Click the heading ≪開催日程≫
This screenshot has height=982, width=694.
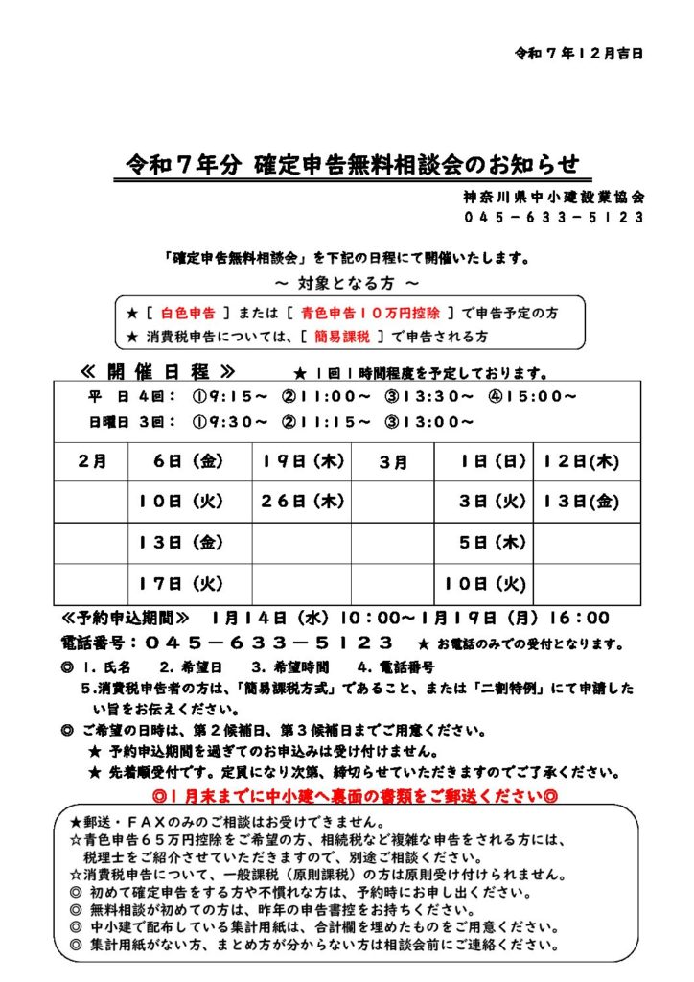coord(157,372)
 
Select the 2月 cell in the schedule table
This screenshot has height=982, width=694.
coord(92,461)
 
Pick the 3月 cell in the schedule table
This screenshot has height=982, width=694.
coord(394,461)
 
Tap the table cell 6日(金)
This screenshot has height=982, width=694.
coord(188,461)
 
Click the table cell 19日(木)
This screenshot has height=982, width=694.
coord(301,461)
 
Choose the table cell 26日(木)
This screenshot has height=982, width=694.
coord(301,502)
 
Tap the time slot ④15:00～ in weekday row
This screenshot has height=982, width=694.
coord(543,396)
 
